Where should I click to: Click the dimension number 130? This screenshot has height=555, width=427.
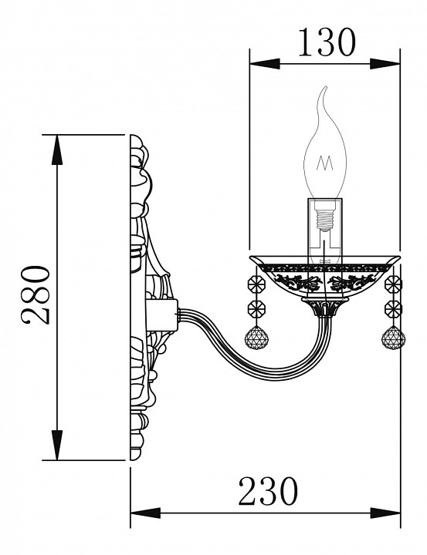(327, 42)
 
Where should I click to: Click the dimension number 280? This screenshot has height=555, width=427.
(36, 295)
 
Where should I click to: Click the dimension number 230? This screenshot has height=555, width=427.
(268, 491)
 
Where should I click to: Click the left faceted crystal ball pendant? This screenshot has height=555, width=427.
(256, 338)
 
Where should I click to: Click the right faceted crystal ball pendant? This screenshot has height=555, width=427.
(393, 338)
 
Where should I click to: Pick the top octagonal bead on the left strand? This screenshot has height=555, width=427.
(256, 284)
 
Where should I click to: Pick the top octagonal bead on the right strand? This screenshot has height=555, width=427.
(393, 284)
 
